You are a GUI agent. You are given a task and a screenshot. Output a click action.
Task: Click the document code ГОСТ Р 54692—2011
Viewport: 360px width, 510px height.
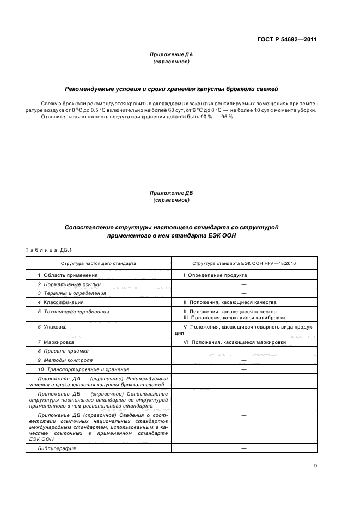pos(288,40)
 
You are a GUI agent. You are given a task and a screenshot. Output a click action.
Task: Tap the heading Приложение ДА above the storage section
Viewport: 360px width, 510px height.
pos(172,55)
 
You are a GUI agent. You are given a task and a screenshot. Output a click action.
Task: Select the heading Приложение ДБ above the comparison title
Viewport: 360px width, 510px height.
pos(172,193)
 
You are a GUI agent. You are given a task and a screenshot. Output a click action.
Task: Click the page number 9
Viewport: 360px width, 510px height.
pos(315,466)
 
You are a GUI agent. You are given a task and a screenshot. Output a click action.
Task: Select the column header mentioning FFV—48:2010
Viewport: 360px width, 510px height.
pos(244,263)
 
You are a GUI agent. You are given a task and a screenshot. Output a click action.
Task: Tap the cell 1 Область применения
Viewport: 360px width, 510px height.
pos(68,275)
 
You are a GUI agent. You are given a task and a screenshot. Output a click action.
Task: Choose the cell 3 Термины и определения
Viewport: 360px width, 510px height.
pos(72,293)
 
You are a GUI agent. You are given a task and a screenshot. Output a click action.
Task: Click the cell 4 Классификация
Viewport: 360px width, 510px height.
pos(60,302)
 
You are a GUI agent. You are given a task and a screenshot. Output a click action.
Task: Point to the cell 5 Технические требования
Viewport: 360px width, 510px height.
pos(74,312)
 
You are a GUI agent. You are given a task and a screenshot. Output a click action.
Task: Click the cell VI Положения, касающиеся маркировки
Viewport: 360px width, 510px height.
pos(235,342)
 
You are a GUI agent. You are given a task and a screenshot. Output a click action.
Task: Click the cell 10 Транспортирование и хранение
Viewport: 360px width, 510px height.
pos(76,369)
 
